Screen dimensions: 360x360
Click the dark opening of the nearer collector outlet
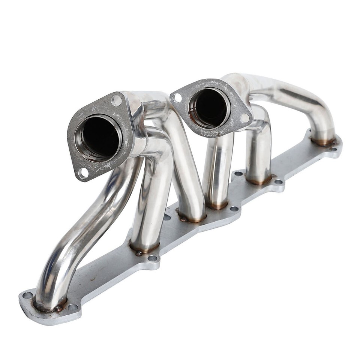point(98,137)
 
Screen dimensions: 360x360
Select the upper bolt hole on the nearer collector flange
point(117,100)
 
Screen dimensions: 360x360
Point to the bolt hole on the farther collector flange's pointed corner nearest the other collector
point(177,98)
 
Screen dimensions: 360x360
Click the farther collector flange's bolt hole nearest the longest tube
point(244,118)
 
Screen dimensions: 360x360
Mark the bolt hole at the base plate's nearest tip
point(27,295)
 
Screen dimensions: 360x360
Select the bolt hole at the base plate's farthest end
point(333,148)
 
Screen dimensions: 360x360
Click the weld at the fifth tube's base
point(259,181)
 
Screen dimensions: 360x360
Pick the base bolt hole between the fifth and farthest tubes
point(278,182)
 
